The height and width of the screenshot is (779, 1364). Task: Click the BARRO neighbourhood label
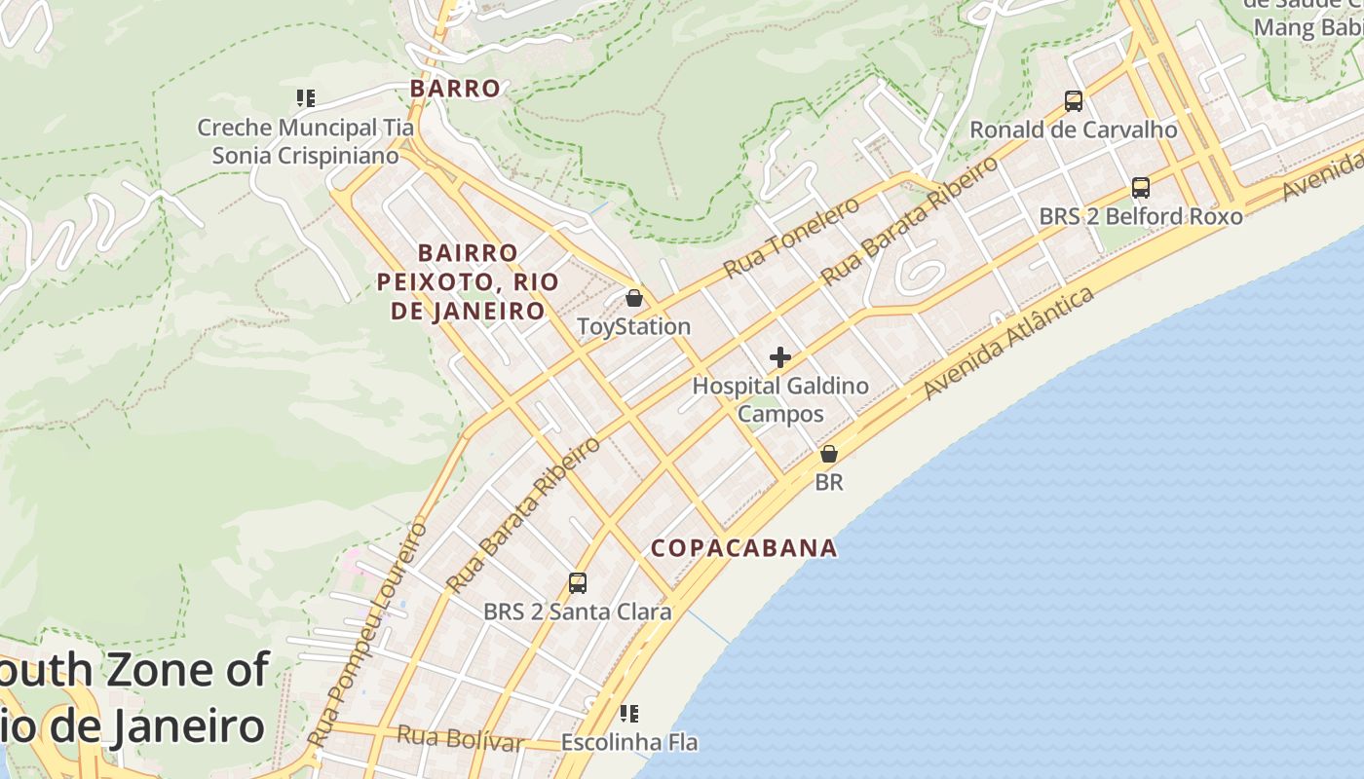point(455,89)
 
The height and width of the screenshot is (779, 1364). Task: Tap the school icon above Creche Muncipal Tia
point(306,98)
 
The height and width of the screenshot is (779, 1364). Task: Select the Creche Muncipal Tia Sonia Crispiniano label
point(306,141)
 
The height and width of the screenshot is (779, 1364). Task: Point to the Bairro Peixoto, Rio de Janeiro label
point(468,281)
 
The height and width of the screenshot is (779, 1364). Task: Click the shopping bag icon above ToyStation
point(634,298)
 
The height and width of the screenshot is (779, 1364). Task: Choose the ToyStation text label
point(634,326)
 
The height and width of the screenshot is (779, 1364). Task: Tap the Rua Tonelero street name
point(792,237)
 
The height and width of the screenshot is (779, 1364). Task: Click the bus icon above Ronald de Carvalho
point(1074,101)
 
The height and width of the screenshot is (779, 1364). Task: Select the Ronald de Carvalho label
point(1074,130)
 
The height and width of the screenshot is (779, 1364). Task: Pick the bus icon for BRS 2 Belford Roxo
point(1141,188)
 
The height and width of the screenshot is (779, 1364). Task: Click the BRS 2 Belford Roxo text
point(1141,216)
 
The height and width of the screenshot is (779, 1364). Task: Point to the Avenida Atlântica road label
point(1008,343)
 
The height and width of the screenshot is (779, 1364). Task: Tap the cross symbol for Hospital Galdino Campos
point(780,357)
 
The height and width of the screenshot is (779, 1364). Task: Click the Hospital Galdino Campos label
point(780,399)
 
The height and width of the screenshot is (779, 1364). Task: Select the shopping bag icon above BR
point(829,454)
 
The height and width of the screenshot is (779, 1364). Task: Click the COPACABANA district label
point(744,548)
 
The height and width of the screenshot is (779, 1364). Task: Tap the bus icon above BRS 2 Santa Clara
point(578,583)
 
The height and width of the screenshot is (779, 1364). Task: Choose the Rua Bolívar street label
point(460,738)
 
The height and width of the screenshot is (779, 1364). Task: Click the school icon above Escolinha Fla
point(629,714)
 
